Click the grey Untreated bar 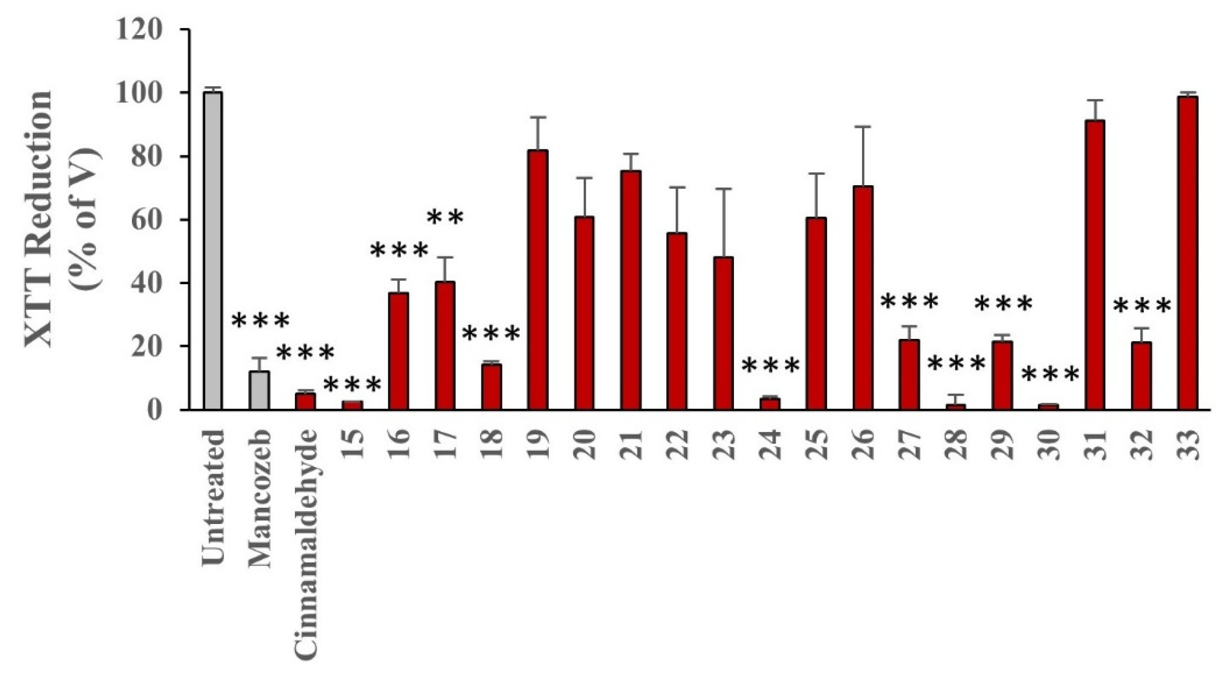pyautogui.click(x=213, y=251)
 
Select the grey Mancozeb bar pyautogui.click(x=259, y=390)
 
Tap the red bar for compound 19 pyautogui.click(x=538, y=280)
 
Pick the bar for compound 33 pyautogui.click(x=1188, y=253)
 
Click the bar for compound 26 pyautogui.click(x=863, y=297)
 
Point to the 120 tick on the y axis pyautogui.click(x=139, y=29)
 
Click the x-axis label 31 pyautogui.click(x=1095, y=444)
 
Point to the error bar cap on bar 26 pyautogui.click(x=863, y=127)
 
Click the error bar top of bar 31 pyautogui.click(x=1095, y=100)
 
